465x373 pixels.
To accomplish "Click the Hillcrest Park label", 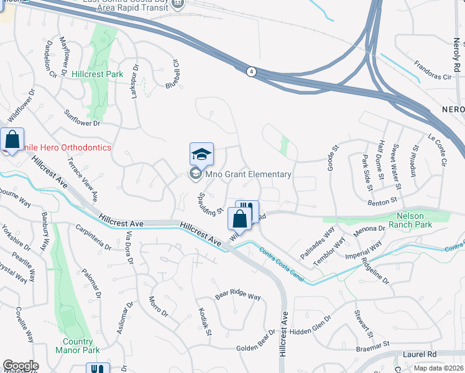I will (x=97, y=74).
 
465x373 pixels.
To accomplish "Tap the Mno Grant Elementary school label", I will (x=248, y=175).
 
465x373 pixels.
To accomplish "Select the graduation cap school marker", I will (x=201, y=154).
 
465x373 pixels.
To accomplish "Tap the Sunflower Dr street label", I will (x=82, y=119).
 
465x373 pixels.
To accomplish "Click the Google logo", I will (x=20, y=366).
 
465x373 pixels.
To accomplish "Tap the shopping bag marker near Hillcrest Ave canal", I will (x=240, y=219).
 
